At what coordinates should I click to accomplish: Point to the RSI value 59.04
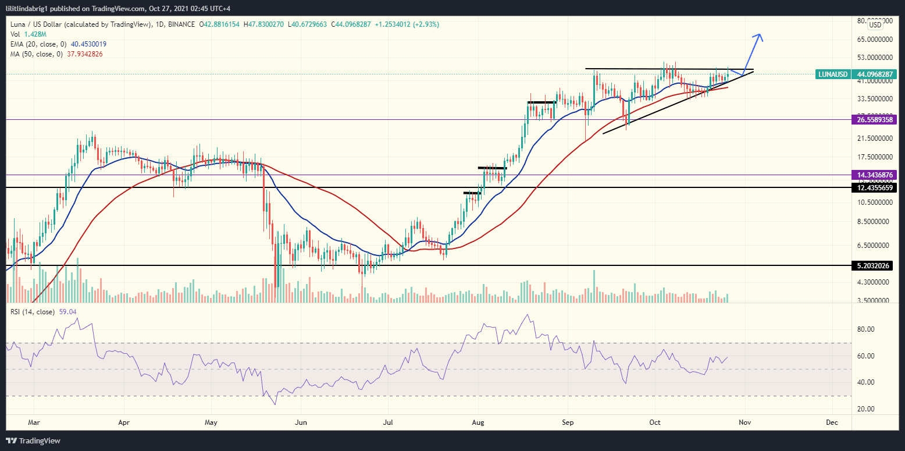tap(68, 312)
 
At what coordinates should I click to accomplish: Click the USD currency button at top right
tap(875, 24)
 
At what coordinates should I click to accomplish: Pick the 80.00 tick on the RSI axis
tap(866, 329)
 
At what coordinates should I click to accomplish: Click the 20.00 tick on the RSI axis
tap(866, 409)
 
